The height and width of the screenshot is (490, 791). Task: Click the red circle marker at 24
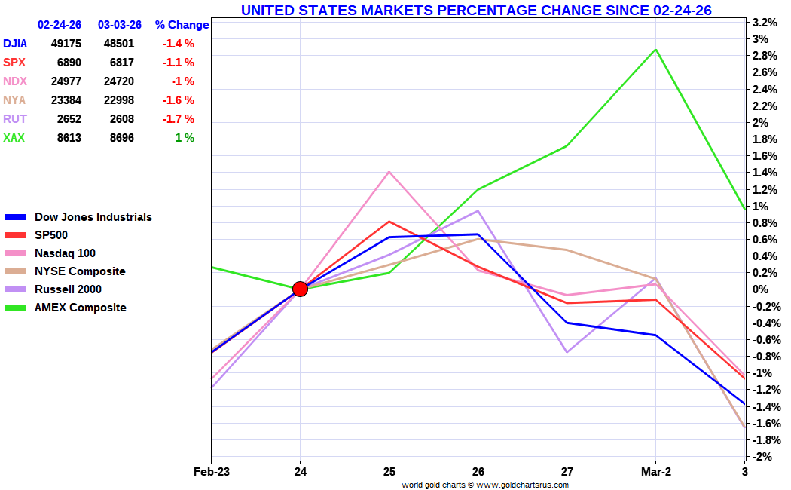point(300,289)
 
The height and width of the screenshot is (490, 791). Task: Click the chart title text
point(476,10)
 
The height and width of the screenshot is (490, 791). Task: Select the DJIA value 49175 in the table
point(66,44)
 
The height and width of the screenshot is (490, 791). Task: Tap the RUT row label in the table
point(14,119)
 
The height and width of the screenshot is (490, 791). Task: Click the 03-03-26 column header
point(120,25)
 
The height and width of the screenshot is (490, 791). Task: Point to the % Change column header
point(182,25)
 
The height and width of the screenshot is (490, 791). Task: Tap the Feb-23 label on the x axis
point(211,472)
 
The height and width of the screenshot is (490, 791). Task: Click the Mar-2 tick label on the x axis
point(655,472)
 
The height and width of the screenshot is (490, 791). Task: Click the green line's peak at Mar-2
point(656,50)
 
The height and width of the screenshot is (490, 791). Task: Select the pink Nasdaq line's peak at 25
point(389,172)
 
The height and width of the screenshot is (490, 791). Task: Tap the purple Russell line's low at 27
point(567,352)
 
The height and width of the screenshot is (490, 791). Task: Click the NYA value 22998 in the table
point(118,100)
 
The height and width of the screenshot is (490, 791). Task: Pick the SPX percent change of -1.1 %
point(179,63)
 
